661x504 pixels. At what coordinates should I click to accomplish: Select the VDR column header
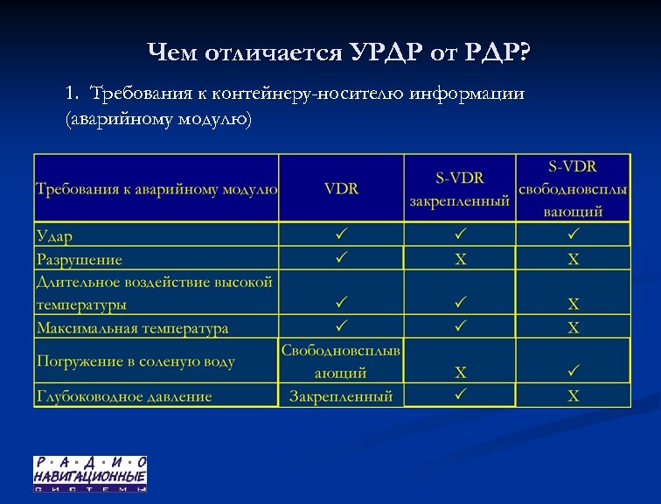pyautogui.click(x=341, y=189)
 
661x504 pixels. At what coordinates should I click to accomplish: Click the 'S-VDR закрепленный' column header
pyautogui.click(x=460, y=189)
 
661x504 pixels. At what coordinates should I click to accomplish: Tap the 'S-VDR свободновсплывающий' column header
pyautogui.click(x=574, y=188)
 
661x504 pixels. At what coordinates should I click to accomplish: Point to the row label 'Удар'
pyautogui.click(x=55, y=235)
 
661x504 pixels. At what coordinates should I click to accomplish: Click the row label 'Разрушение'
pyautogui.click(x=80, y=259)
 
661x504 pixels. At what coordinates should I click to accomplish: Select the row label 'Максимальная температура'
pyautogui.click(x=132, y=328)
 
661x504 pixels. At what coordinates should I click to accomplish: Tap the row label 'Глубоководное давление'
pyautogui.click(x=124, y=396)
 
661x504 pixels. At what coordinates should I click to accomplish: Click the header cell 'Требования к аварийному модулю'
pyautogui.click(x=157, y=189)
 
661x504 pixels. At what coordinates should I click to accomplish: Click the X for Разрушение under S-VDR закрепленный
pyautogui.click(x=460, y=260)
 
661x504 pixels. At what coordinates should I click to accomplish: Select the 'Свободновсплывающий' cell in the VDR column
pyautogui.click(x=341, y=360)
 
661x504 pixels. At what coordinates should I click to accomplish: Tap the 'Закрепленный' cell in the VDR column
pyautogui.click(x=341, y=396)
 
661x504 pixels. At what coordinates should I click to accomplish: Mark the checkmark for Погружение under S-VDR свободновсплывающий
pyautogui.click(x=574, y=371)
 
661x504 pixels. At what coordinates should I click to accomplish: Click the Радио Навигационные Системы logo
pyautogui.click(x=90, y=473)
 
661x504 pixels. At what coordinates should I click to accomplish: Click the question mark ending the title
pyautogui.click(x=523, y=53)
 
